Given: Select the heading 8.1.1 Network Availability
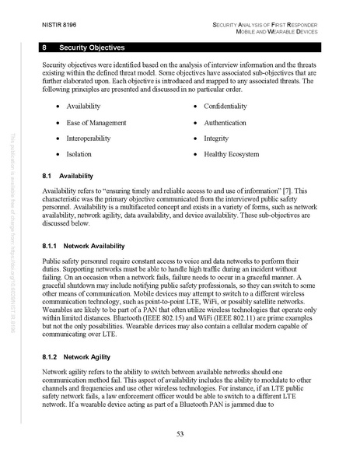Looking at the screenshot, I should click(81, 245).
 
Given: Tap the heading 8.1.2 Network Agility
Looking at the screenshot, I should click(75, 356).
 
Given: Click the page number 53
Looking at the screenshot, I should click(180, 433).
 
